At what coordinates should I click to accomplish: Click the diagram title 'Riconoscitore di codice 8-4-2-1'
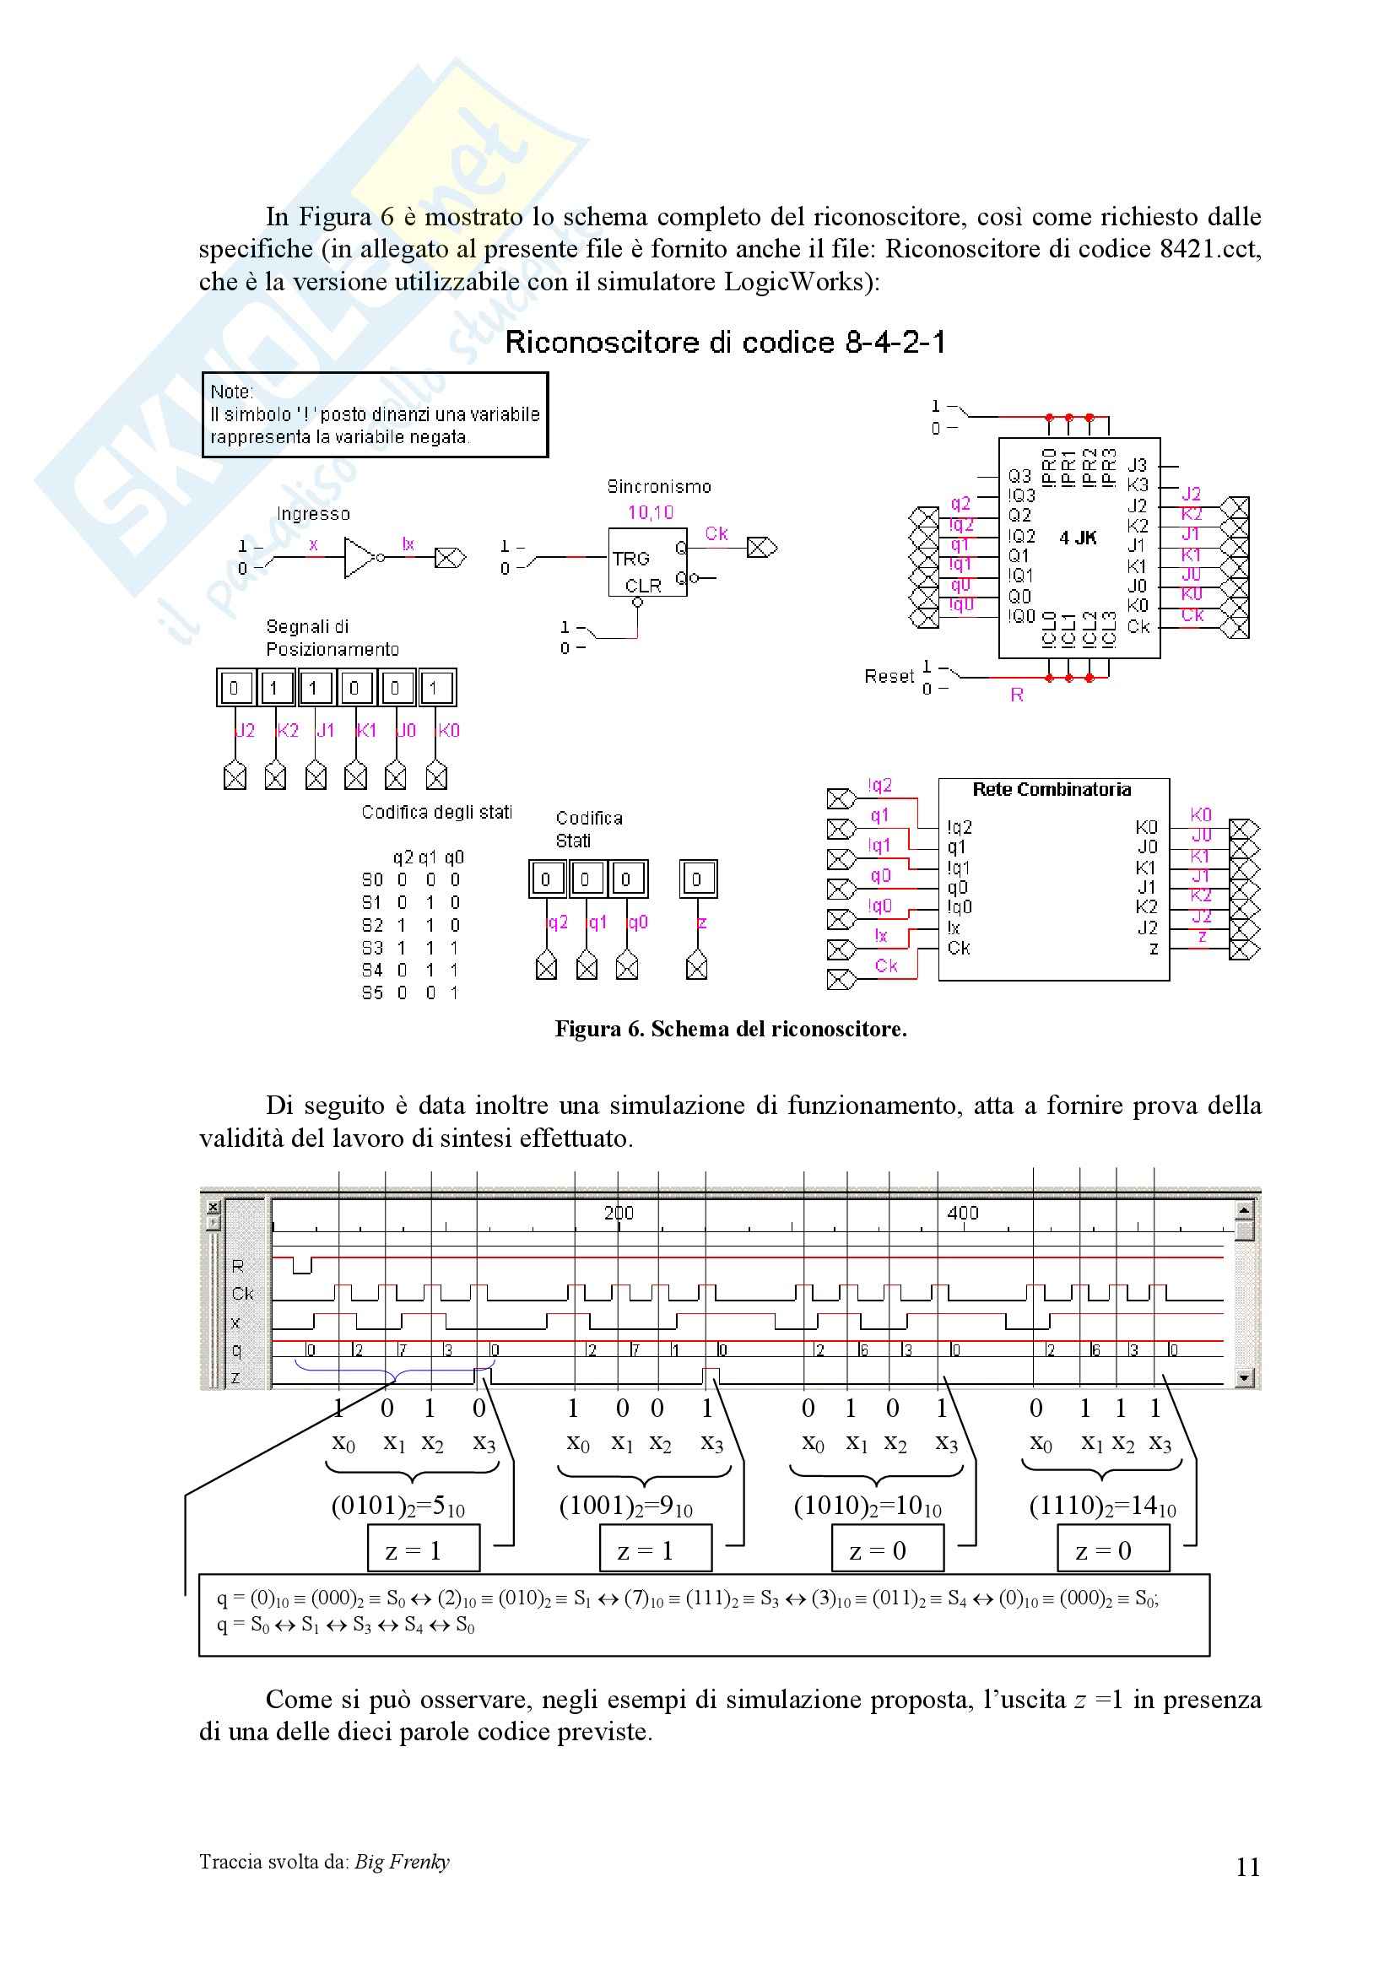coord(725,343)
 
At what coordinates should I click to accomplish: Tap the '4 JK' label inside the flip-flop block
coord(1078,538)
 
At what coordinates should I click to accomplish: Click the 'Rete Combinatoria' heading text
coord(1052,789)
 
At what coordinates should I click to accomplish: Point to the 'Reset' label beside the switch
coord(889,677)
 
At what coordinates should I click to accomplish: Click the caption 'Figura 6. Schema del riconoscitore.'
coord(731,1029)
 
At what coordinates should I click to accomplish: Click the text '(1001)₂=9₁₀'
coord(625,1506)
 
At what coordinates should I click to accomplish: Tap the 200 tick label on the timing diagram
coord(618,1212)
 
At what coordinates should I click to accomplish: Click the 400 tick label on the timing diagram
coord(962,1212)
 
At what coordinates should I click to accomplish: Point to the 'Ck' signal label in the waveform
coord(241,1293)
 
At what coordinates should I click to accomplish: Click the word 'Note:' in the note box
coord(232,392)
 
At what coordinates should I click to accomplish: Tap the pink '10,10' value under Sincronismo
coord(651,513)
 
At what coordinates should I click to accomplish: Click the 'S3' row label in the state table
coord(372,948)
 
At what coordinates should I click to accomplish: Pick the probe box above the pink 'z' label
coord(696,879)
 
